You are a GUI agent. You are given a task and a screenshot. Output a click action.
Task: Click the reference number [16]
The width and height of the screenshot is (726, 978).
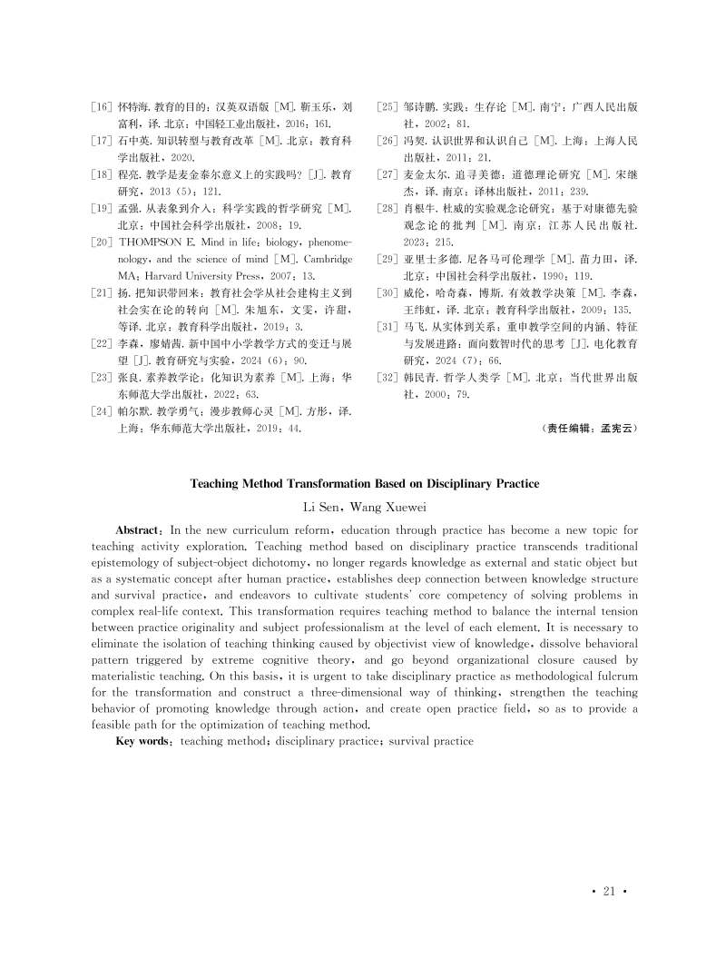[x=103, y=107]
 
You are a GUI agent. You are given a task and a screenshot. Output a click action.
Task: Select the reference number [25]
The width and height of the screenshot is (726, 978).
[x=388, y=107]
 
